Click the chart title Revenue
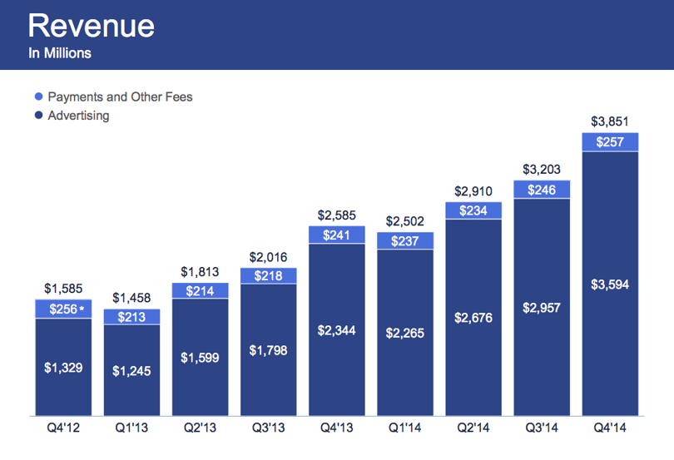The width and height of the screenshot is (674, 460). pyautogui.click(x=92, y=26)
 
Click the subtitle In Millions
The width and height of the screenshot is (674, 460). pyautogui.click(x=60, y=53)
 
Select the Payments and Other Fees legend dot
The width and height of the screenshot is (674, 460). pyautogui.click(x=38, y=96)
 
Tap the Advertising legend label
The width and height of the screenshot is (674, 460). pyautogui.click(x=79, y=116)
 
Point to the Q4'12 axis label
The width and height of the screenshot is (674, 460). pyautogui.click(x=63, y=428)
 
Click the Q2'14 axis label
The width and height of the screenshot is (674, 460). pyautogui.click(x=473, y=428)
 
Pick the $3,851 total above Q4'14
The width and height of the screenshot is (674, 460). pyautogui.click(x=610, y=121)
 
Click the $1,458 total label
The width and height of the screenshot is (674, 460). pyautogui.click(x=131, y=298)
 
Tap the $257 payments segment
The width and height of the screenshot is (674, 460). pyautogui.click(x=610, y=142)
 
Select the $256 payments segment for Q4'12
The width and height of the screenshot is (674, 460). pyautogui.click(x=63, y=309)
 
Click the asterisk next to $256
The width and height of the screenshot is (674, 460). pyautogui.click(x=82, y=308)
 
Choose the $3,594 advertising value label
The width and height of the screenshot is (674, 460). pyautogui.click(x=610, y=284)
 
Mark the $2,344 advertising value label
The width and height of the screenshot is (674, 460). pyautogui.click(x=336, y=330)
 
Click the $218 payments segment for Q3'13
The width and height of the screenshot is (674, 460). pyautogui.click(x=268, y=276)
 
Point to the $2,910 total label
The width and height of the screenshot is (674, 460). pyautogui.click(x=473, y=190)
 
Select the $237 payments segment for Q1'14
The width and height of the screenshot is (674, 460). pyautogui.click(x=405, y=240)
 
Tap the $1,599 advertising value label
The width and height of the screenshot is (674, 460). pyautogui.click(x=200, y=358)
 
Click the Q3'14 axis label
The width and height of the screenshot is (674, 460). pyautogui.click(x=542, y=428)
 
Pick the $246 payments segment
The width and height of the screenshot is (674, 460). pyautogui.click(x=542, y=190)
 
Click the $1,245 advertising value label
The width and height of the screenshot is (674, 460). pyautogui.click(x=131, y=371)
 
